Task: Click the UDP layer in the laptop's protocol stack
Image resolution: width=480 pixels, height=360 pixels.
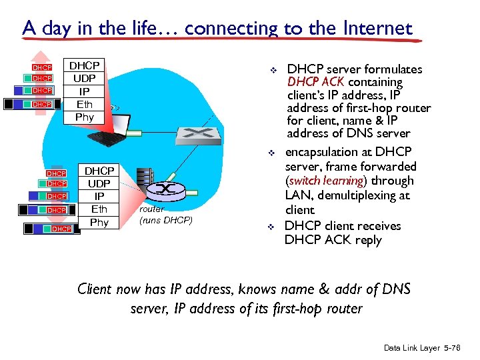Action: (x=85, y=78)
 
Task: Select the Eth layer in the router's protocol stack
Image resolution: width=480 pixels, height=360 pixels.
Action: (x=99, y=209)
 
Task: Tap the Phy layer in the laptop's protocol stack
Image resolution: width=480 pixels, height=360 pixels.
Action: (x=85, y=117)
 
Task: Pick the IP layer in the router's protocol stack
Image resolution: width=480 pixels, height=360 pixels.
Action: (x=99, y=197)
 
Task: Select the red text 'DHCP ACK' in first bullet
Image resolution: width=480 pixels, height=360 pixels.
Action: (x=316, y=83)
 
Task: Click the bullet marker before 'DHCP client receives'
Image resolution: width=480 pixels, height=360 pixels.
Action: (x=271, y=227)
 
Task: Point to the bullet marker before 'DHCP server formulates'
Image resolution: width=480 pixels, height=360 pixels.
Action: (x=271, y=70)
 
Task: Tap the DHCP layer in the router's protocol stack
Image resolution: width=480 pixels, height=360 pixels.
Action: (x=99, y=171)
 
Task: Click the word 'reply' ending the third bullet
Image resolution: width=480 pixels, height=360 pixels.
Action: (x=369, y=240)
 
